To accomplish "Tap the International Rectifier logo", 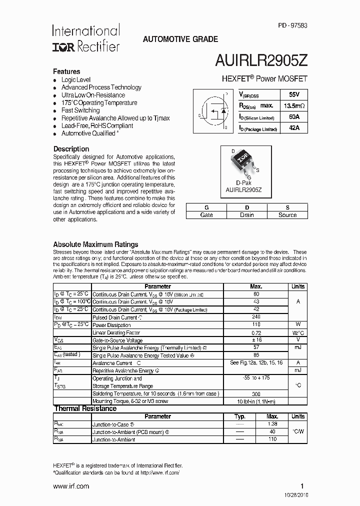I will point(85,39).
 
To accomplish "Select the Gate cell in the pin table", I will point(206,215).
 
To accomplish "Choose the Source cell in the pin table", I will point(287,215).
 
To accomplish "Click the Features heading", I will point(66,71).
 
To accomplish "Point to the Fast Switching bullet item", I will point(80,110).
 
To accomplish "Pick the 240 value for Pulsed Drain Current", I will point(256,317).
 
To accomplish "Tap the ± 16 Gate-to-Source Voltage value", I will point(256,339).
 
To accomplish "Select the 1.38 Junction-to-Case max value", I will point(272,423).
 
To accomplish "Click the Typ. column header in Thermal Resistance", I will point(240,416).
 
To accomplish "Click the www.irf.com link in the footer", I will point(71,486).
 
